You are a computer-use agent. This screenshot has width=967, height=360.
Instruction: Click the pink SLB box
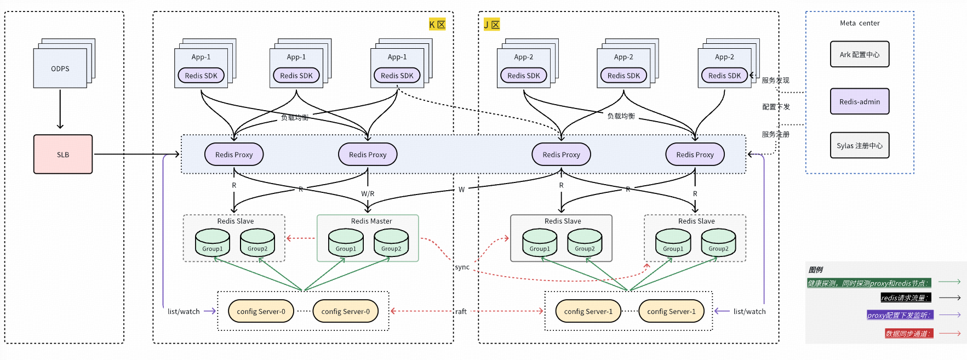[63, 155]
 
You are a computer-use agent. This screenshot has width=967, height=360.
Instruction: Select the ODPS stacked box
[60, 68]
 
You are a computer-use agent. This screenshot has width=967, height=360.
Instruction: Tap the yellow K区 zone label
[437, 24]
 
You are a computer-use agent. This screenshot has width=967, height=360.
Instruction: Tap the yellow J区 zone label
[491, 25]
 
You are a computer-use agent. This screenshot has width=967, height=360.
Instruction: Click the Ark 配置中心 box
[859, 55]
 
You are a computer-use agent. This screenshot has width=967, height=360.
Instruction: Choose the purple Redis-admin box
[859, 101]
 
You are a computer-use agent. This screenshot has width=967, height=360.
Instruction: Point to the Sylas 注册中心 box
[859, 146]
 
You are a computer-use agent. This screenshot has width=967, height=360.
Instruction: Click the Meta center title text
[859, 23]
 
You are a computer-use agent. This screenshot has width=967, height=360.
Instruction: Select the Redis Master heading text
[371, 221]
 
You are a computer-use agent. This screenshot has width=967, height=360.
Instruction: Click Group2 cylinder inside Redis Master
[391, 243]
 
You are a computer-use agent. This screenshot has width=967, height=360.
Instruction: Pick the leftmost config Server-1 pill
[588, 311]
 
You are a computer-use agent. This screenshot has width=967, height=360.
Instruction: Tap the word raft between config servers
[461, 311]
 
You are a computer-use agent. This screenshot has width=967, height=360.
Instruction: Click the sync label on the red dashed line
[462, 267]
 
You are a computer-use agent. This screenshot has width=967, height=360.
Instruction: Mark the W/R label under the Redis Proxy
[368, 193]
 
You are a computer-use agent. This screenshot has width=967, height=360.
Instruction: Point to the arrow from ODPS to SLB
[60, 110]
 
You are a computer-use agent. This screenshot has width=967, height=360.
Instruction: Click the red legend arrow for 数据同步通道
[949, 333]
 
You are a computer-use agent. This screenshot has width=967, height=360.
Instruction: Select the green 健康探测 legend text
[868, 283]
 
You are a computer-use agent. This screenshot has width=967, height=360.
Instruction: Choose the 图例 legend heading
[815, 270]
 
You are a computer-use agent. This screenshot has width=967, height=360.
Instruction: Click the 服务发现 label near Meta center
[775, 80]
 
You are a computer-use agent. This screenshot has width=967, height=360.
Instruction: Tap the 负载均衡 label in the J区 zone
[621, 116]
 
